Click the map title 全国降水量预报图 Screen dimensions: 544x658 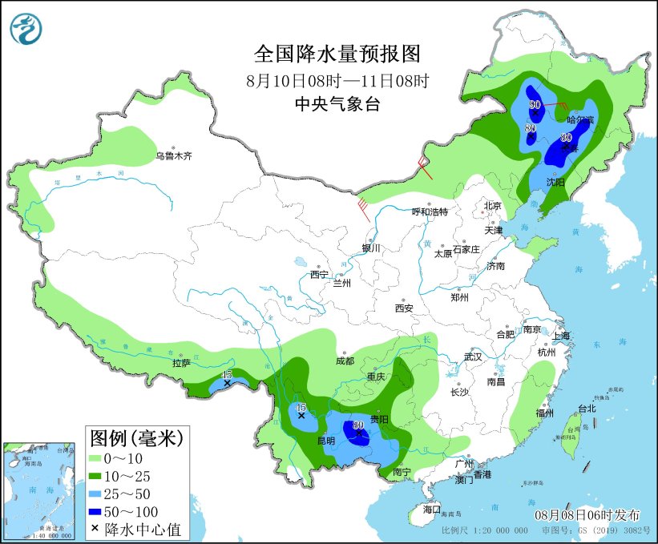(x=337, y=54)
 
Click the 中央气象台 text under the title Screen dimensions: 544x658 (x=337, y=104)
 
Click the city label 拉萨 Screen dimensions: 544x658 (x=180, y=363)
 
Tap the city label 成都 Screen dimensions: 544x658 (x=345, y=361)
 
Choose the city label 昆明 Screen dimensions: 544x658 (x=325, y=441)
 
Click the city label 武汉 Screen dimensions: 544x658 (x=473, y=356)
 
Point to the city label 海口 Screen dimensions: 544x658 (x=431, y=510)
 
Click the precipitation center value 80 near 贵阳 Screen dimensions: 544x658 (x=358, y=425)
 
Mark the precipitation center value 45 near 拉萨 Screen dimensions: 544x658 (x=227, y=375)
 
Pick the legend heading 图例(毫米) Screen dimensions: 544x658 (x=136, y=437)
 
